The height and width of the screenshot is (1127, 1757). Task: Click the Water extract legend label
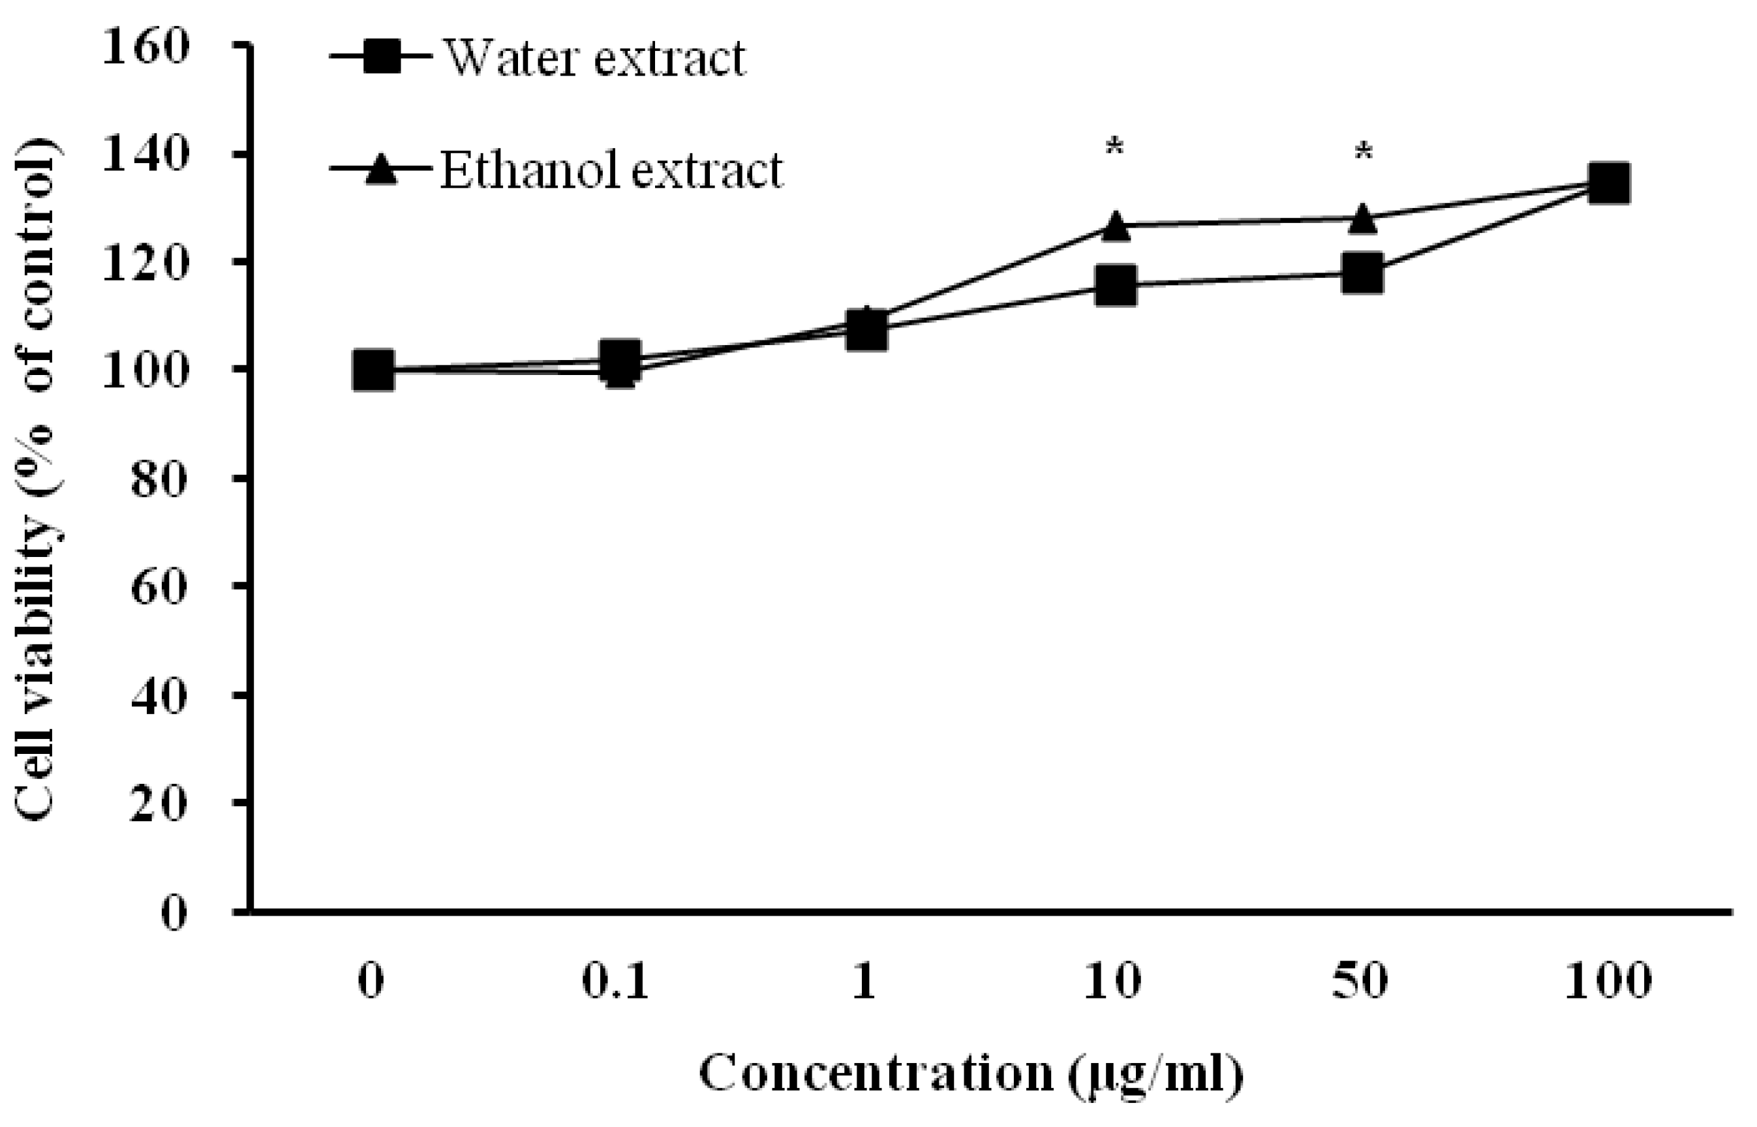(x=595, y=58)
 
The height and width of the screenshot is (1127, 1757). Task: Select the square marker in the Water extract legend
(x=382, y=56)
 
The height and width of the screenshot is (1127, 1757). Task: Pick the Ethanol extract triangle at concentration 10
(x=1115, y=226)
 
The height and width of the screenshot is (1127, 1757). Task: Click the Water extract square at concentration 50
(x=1362, y=273)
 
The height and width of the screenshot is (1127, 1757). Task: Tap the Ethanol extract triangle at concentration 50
(x=1362, y=218)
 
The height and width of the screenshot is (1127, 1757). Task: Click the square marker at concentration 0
(x=373, y=370)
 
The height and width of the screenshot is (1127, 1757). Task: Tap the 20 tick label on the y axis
(x=158, y=803)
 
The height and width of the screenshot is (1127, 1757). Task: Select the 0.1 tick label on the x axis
(x=615, y=981)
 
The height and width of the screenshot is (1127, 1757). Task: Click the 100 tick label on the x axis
(x=1608, y=981)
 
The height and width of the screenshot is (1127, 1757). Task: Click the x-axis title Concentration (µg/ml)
(x=971, y=1073)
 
